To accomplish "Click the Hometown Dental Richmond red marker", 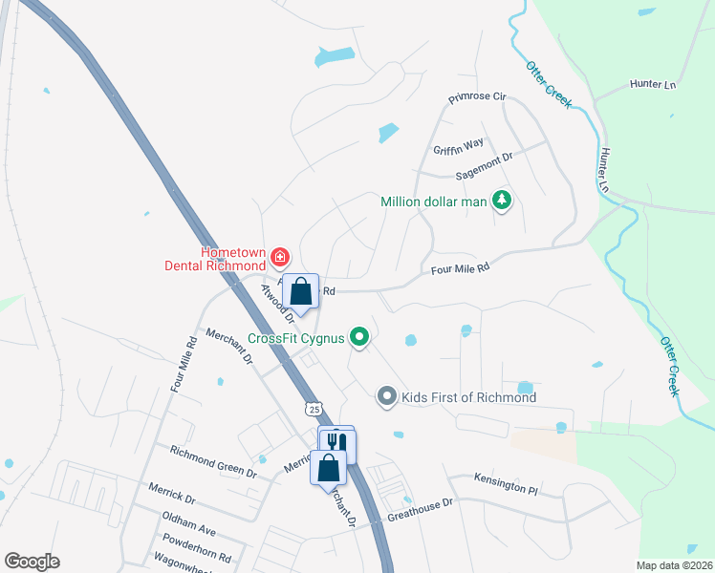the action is pyautogui.click(x=279, y=256).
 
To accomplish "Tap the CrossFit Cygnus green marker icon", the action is pyautogui.click(x=359, y=336).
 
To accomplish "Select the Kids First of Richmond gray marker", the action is pyautogui.click(x=386, y=395).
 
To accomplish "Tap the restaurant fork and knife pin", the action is pyautogui.click(x=336, y=443).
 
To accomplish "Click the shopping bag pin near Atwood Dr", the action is pyautogui.click(x=301, y=291).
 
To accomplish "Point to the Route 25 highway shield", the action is pyautogui.click(x=313, y=408).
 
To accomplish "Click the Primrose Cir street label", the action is pyautogui.click(x=478, y=98).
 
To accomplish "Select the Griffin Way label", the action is pyautogui.click(x=458, y=146).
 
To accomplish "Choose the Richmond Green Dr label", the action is pyautogui.click(x=213, y=460).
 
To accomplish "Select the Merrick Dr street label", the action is pyautogui.click(x=172, y=493).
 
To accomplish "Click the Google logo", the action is pyautogui.click(x=32, y=562).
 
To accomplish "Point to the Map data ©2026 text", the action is pyautogui.click(x=674, y=565).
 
